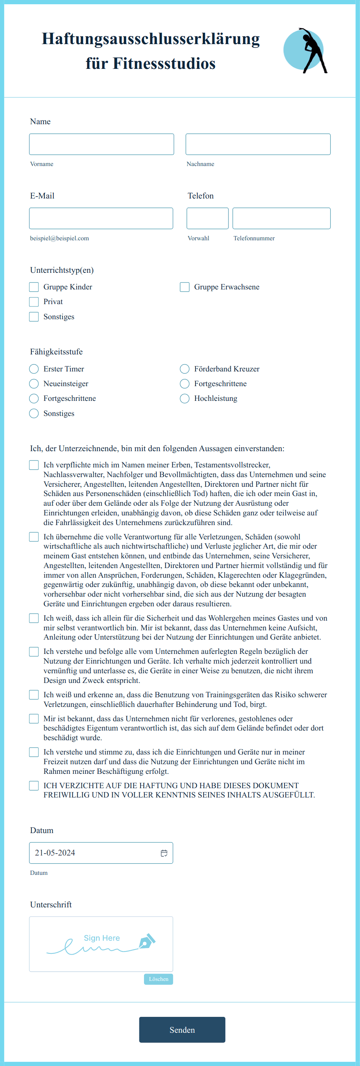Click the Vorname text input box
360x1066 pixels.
[101, 144]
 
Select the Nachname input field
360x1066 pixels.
[258, 144]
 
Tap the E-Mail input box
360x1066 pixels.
[101, 218]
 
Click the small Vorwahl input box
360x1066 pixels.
[207, 218]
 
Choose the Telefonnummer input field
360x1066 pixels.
[281, 218]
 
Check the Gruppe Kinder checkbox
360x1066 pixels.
[34, 287]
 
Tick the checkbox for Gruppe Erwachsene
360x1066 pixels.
[185, 287]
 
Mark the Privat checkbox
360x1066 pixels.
[34, 302]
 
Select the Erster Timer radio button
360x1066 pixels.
[34, 369]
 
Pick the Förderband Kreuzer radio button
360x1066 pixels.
[185, 369]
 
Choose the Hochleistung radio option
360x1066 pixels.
[185, 399]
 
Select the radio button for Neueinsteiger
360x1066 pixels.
[34, 383]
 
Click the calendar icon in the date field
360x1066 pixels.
[164, 853]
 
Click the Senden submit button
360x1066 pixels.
[182, 1030]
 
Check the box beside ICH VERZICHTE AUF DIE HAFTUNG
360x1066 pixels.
[34, 785]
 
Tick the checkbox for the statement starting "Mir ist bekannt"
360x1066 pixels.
[34, 719]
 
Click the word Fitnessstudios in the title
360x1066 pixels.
[164, 63]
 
